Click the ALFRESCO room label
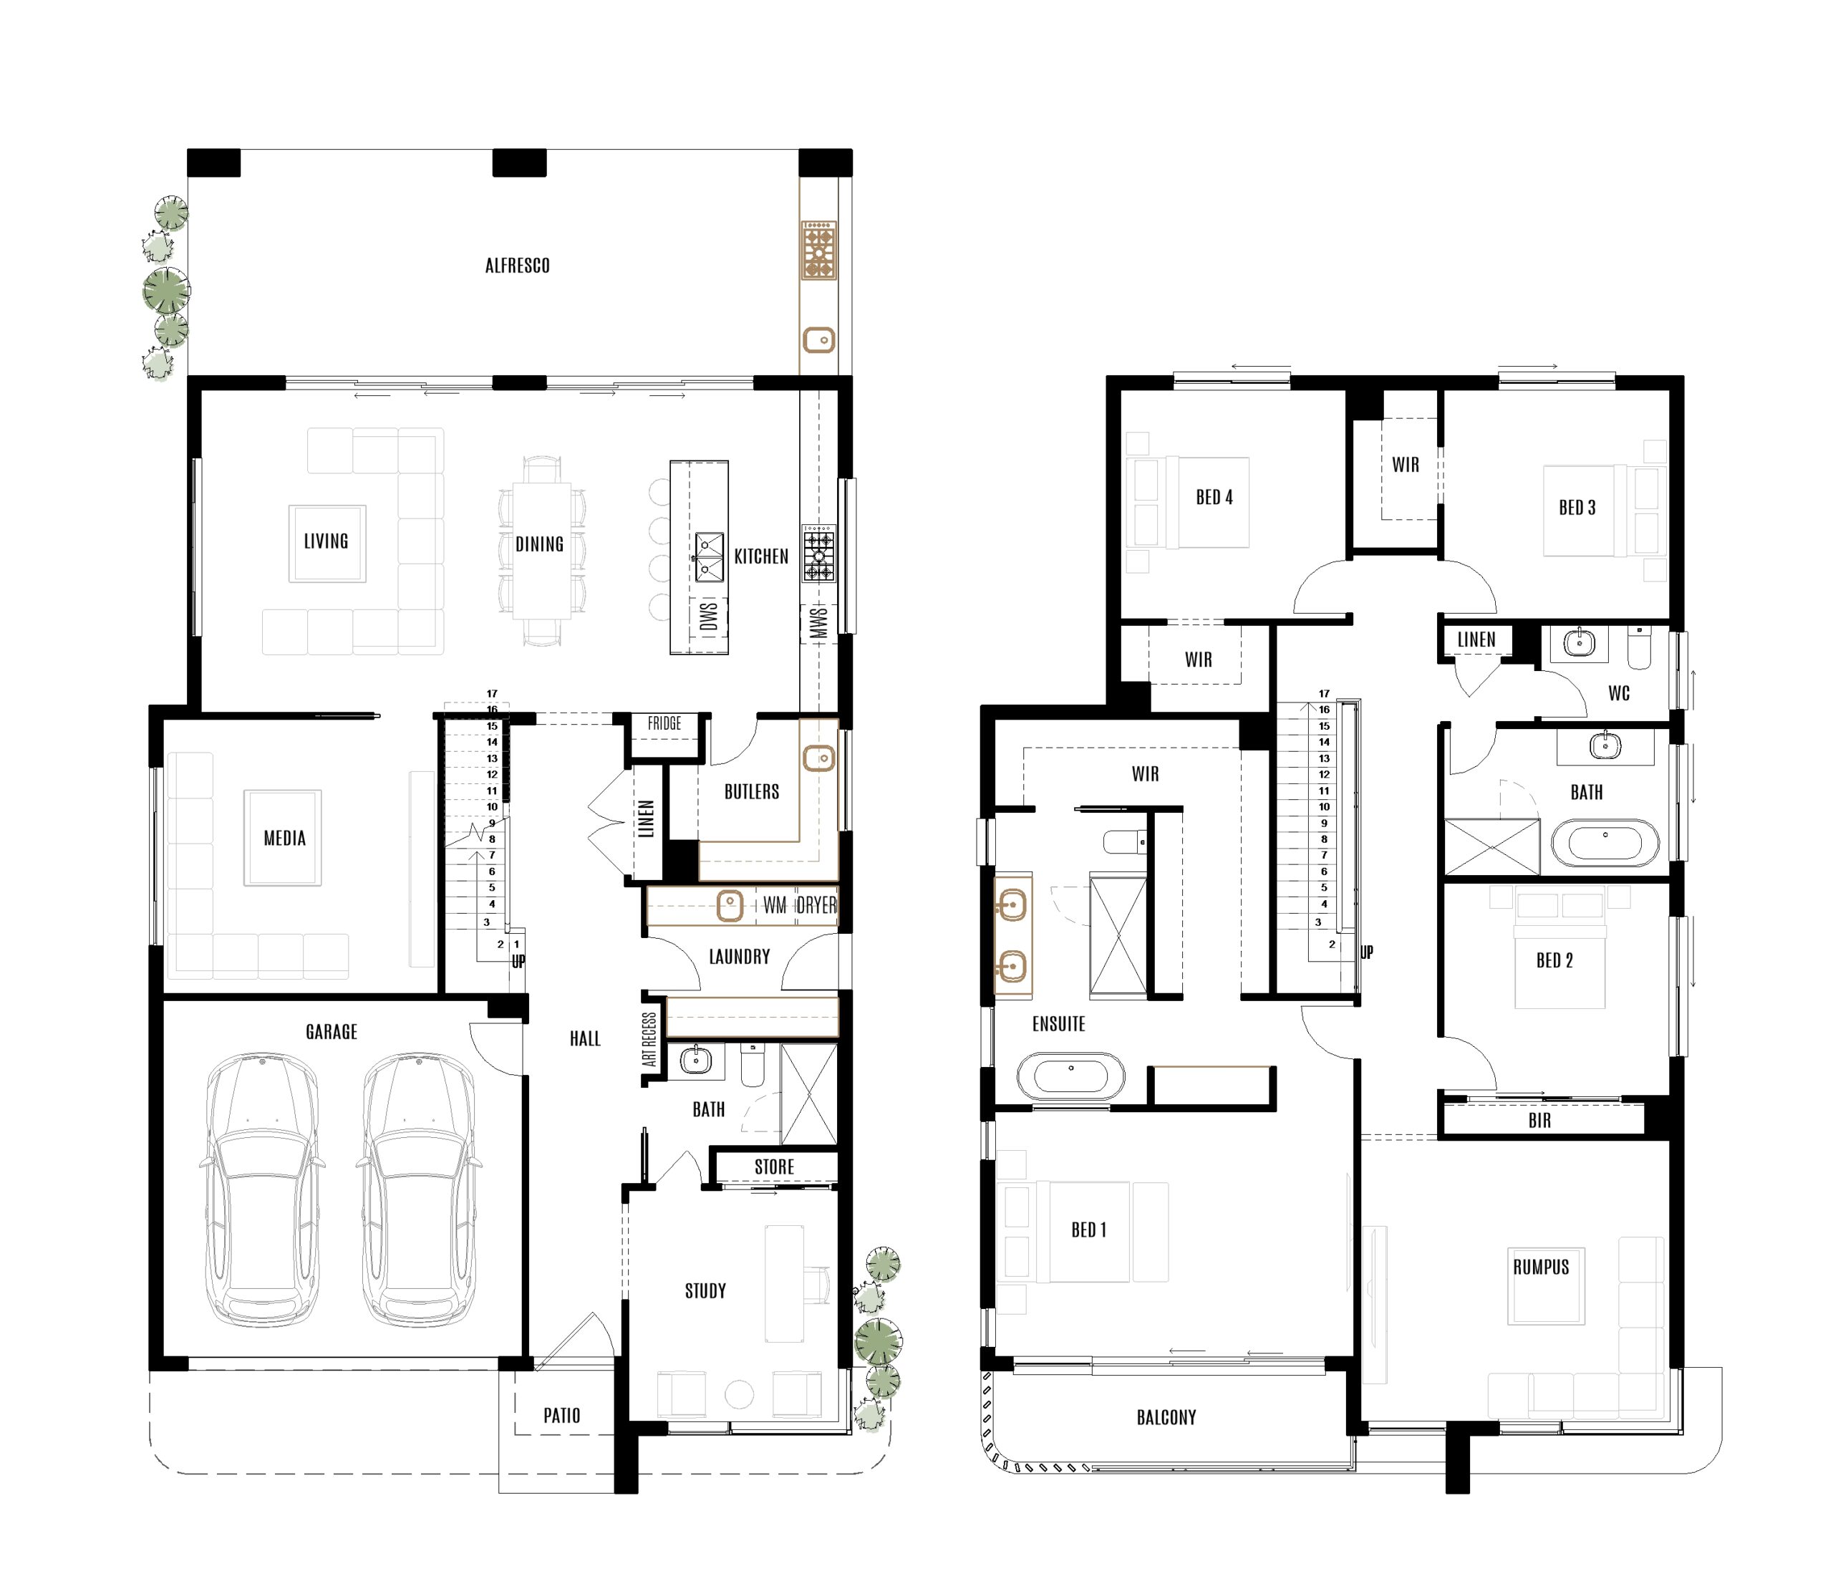[x=518, y=266]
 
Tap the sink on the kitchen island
[x=709, y=556]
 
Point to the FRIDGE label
[x=664, y=724]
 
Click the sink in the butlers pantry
[x=819, y=758]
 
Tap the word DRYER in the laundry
[x=816, y=905]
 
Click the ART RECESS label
[x=651, y=1039]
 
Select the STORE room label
[x=774, y=1167]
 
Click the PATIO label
[x=562, y=1415]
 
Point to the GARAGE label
[x=332, y=1032]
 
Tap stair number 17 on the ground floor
[x=492, y=694]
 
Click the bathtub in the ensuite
[x=1070, y=1076]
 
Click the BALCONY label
[x=1166, y=1418]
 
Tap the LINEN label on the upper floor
[x=1476, y=639]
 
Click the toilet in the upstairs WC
[x=1639, y=649]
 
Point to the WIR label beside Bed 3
[x=1406, y=465]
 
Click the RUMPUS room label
[x=1541, y=1267]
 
